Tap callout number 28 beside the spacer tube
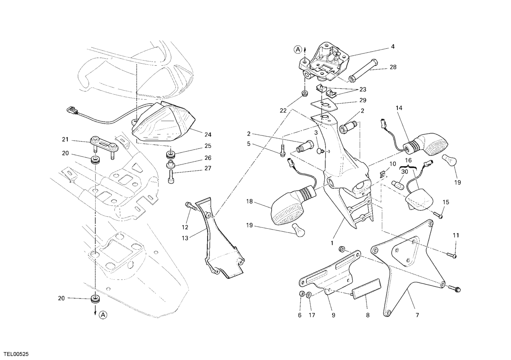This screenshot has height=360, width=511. click(x=393, y=67)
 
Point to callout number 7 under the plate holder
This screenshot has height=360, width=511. click(x=417, y=315)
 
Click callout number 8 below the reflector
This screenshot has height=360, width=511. click(x=368, y=315)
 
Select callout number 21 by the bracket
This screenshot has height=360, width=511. click(x=65, y=139)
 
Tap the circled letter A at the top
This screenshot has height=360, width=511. click(x=298, y=49)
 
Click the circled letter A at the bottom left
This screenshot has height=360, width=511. click(x=103, y=315)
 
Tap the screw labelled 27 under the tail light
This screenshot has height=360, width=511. click(x=171, y=176)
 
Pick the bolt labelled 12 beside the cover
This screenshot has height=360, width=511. click(x=189, y=206)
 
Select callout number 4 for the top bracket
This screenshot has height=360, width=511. click(x=393, y=47)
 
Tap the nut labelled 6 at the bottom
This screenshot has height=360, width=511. click(x=301, y=293)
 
